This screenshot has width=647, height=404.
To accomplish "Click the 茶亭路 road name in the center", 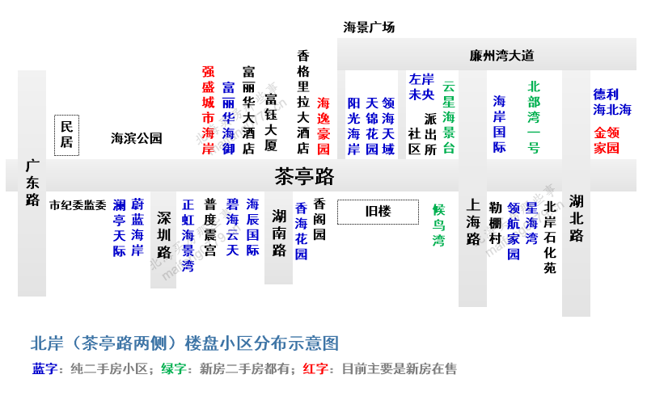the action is click(x=304, y=176).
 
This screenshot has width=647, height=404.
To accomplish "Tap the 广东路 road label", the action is click(x=32, y=183).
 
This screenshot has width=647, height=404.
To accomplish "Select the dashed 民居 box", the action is click(x=66, y=135).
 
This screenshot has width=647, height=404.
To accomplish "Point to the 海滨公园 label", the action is click(x=136, y=138).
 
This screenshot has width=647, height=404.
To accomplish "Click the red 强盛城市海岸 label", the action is click(x=208, y=110).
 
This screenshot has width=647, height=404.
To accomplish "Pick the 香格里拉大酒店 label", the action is click(x=303, y=102).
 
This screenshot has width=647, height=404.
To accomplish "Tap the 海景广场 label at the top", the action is click(x=369, y=27).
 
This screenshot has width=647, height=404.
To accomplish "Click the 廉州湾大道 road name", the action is click(x=501, y=55).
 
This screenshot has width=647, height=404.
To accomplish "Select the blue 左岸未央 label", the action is click(x=421, y=86).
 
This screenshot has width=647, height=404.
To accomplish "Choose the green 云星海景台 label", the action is click(x=449, y=117).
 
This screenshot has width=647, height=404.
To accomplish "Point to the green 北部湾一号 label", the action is click(x=534, y=117).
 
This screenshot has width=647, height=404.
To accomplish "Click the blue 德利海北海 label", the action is click(x=612, y=102).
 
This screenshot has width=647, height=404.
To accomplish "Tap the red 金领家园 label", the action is click(x=607, y=140).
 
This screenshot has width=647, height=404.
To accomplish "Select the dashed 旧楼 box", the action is click(x=378, y=212).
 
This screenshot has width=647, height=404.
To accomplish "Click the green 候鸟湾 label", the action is click(x=438, y=225).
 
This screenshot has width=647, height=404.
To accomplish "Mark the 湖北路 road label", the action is click(x=576, y=218).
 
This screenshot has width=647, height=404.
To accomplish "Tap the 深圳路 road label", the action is click(x=164, y=235).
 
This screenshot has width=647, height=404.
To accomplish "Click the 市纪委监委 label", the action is click(x=78, y=205).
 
